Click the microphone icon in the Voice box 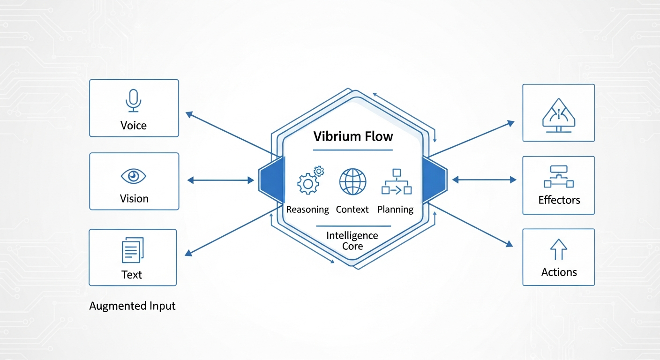pyautogui.click(x=134, y=100)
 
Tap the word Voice pyautogui.click(x=134, y=126)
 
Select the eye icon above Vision pyautogui.click(x=134, y=176)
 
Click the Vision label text pyautogui.click(x=134, y=199)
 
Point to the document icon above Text pyautogui.click(x=133, y=250)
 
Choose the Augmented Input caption pyautogui.click(x=132, y=307)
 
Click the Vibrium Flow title pyautogui.click(x=353, y=137)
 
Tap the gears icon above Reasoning pyautogui.click(x=310, y=180)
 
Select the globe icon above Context pyautogui.click(x=352, y=182)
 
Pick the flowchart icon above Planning pyautogui.click(x=396, y=181)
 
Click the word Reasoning pyautogui.click(x=307, y=210)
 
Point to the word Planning pyautogui.click(x=395, y=210)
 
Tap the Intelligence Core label pyautogui.click(x=352, y=240)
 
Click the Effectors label pyautogui.click(x=559, y=200)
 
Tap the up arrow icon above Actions pyautogui.click(x=558, y=249)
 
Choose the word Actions pyautogui.click(x=559, y=272)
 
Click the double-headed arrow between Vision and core pyautogui.click(x=220, y=180)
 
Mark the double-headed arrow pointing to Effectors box pyautogui.click(x=484, y=180)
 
